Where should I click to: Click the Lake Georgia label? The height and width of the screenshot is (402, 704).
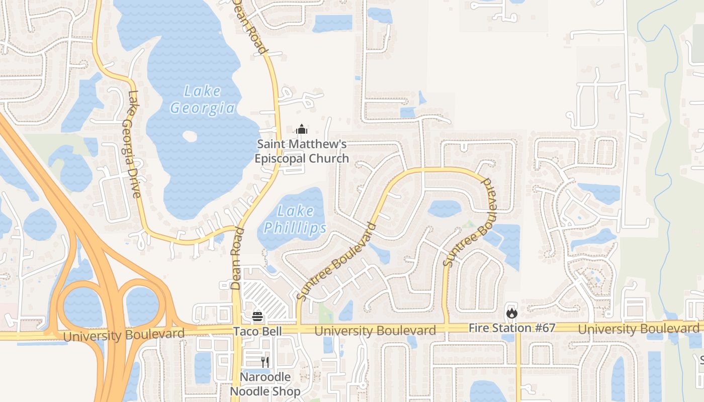point(202,99)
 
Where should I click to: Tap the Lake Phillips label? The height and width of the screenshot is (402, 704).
point(296,220)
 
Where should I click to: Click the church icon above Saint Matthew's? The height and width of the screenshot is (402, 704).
point(302,130)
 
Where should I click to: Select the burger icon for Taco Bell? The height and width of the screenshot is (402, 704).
point(257,317)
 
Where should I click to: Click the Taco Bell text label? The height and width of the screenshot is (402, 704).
point(257,331)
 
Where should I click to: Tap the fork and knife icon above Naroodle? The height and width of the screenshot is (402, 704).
point(265,362)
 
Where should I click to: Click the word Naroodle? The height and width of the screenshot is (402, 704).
point(265,377)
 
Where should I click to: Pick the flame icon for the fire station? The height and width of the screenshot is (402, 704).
point(512,314)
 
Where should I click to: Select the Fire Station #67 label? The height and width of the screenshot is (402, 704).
point(512,328)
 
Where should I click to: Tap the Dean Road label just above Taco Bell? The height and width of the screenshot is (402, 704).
point(237,258)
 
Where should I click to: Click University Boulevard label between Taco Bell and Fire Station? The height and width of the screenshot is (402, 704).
point(375,331)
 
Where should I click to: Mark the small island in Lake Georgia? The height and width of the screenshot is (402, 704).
point(190,136)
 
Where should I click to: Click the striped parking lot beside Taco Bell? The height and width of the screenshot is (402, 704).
point(267,300)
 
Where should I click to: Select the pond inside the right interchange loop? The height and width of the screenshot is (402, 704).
point(142,306)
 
